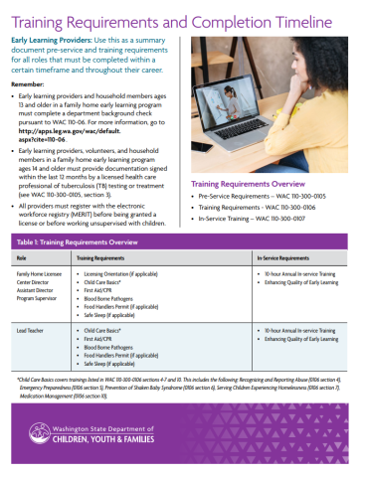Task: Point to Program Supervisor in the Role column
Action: [39, 297]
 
